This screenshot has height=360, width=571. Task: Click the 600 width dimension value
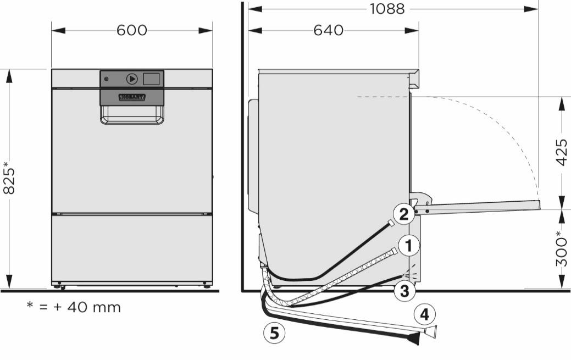pos(132,30)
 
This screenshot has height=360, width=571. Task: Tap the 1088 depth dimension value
pos(387,9)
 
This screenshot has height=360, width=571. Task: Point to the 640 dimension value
pos(328,30)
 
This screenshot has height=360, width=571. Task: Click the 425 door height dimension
pos(561,152)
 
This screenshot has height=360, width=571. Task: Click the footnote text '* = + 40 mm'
pos(74,307)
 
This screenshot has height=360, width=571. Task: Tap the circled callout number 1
pos(408,246)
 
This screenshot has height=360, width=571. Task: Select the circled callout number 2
pos(403,214)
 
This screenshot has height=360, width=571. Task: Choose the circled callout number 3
pos(404,291)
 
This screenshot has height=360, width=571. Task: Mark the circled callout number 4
pos(424,314)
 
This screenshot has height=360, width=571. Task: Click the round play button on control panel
pos(131,79)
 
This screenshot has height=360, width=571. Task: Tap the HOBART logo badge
pos(132,97)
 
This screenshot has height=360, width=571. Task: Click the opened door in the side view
pos(478,207)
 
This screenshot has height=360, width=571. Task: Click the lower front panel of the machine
pos(132,247)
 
